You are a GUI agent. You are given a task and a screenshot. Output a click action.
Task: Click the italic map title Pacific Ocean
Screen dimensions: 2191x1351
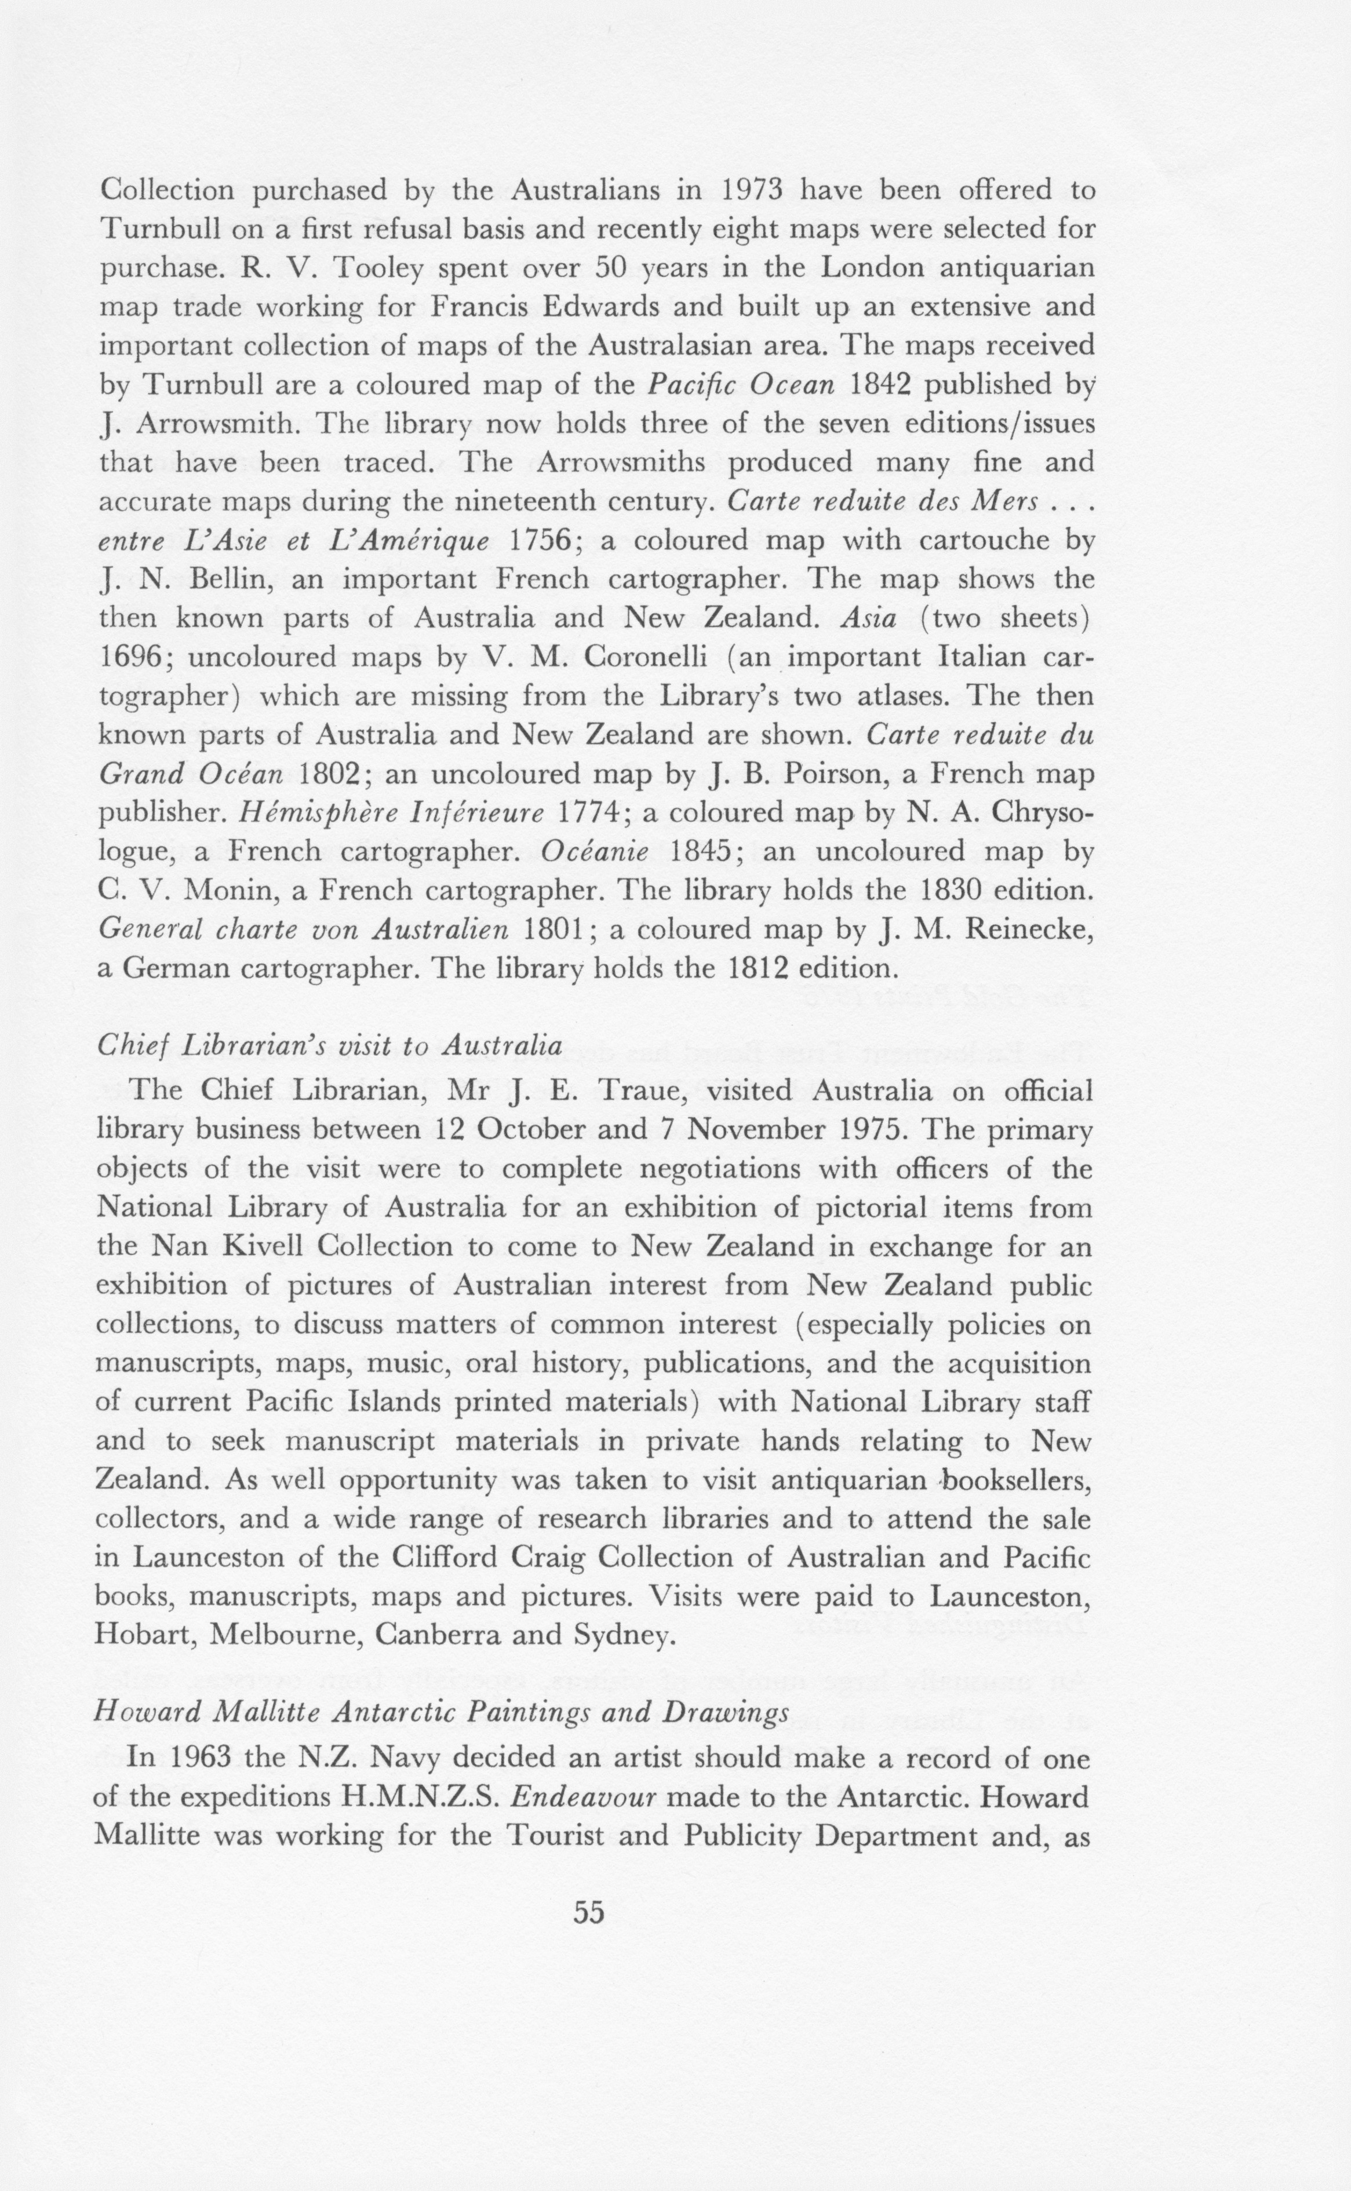pos(741,384)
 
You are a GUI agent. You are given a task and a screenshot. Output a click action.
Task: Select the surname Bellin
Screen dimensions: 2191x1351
pos(231,579)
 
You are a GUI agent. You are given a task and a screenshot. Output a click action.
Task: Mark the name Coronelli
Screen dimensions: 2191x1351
pos(647,657)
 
